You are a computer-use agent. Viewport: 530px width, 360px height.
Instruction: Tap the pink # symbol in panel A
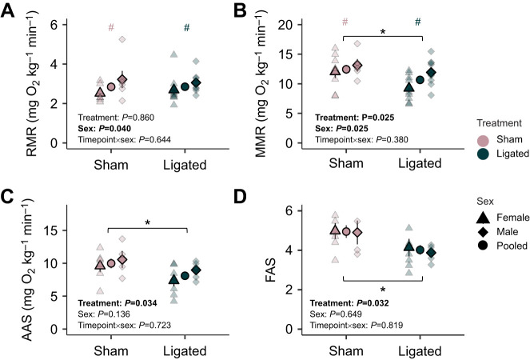coord(113,28)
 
